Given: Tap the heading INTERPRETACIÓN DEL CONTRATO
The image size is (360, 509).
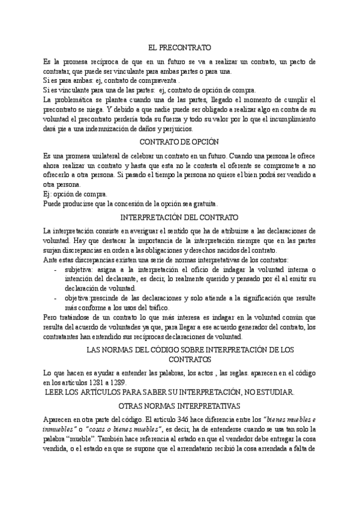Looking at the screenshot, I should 179,217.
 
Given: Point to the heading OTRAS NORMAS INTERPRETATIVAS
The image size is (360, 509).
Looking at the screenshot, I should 179,405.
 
